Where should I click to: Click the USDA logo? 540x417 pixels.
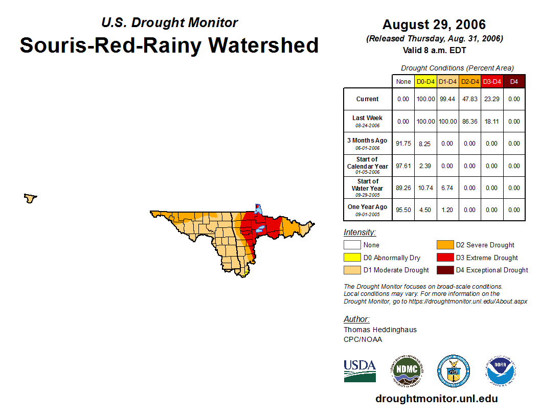359,370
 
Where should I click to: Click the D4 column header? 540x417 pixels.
514,81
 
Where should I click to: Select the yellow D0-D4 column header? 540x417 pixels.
425,81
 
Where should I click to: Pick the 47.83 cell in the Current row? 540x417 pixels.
470,99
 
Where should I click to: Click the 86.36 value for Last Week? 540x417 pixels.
470,122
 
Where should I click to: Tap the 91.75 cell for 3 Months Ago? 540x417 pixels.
403,144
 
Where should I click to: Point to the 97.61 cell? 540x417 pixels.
403,166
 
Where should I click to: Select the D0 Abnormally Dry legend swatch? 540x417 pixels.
352,258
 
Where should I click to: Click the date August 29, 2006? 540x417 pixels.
434,25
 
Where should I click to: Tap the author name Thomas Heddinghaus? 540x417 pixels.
380,330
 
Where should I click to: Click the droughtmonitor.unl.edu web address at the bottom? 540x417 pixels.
436,399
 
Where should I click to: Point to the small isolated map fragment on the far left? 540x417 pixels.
31,198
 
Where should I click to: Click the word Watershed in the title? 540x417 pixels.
264,45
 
